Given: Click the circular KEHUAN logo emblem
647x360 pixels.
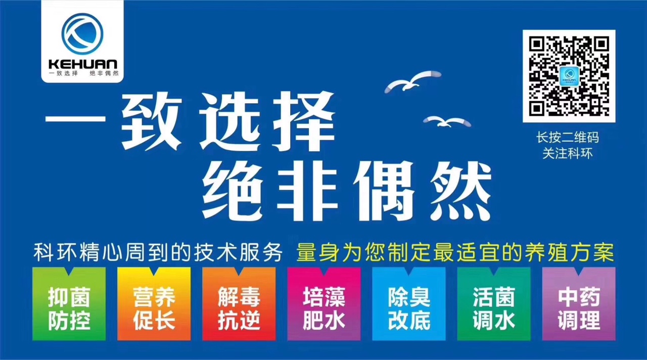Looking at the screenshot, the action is click(82, 34).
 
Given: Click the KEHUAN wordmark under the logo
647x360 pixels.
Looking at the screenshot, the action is click(83, 64).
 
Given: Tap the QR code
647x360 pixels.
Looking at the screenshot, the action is click(569, 76).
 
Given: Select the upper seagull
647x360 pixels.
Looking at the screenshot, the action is click(412, 81).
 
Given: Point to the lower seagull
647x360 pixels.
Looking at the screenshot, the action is click(447, 121).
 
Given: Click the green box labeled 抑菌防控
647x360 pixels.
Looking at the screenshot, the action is click(69, 304).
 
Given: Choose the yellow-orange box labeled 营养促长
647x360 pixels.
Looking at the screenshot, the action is click(154, 304).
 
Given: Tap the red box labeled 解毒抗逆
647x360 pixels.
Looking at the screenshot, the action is click(239, 304).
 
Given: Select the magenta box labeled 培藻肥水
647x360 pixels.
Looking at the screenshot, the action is click(324, 304).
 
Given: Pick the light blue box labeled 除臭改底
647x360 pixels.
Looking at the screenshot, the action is click(409, 304).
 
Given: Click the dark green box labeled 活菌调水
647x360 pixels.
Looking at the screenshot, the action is click(494, 304).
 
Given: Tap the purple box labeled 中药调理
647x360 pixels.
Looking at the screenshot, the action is click(579, 304).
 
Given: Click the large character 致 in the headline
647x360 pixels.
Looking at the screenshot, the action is click(152, 121).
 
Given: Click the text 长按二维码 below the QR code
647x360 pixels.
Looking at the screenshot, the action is click(568, 137).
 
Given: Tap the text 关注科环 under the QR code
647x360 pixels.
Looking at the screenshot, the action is click(568, 153).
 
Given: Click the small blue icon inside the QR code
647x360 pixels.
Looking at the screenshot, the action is click(569, 76).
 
